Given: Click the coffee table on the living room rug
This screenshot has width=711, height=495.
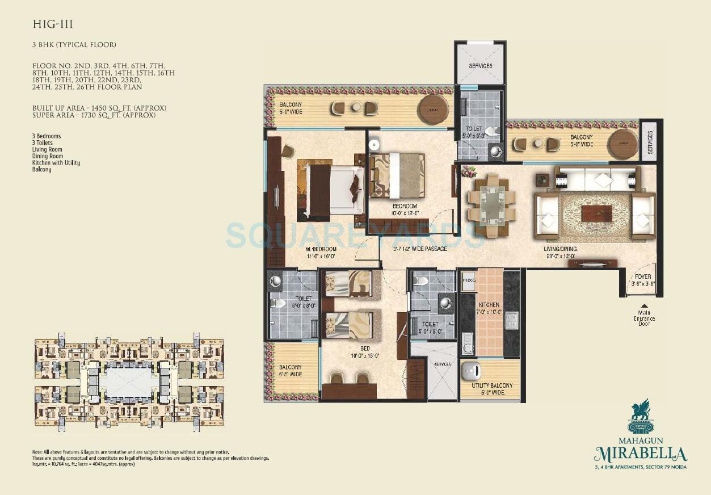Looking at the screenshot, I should [596, 213].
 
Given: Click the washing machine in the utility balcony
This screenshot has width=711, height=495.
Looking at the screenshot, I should [474, 370].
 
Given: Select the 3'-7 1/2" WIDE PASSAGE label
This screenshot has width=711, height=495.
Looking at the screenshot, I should [420, 249].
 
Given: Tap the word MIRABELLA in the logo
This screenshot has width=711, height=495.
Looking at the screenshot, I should [641, 454].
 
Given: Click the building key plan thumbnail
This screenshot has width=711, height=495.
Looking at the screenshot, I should [129, 380].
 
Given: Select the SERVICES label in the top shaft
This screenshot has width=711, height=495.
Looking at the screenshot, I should [480, 66].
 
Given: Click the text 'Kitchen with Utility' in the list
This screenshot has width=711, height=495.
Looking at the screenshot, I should [56, 163].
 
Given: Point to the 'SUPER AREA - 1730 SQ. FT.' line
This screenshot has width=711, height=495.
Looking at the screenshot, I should [94, 116].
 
